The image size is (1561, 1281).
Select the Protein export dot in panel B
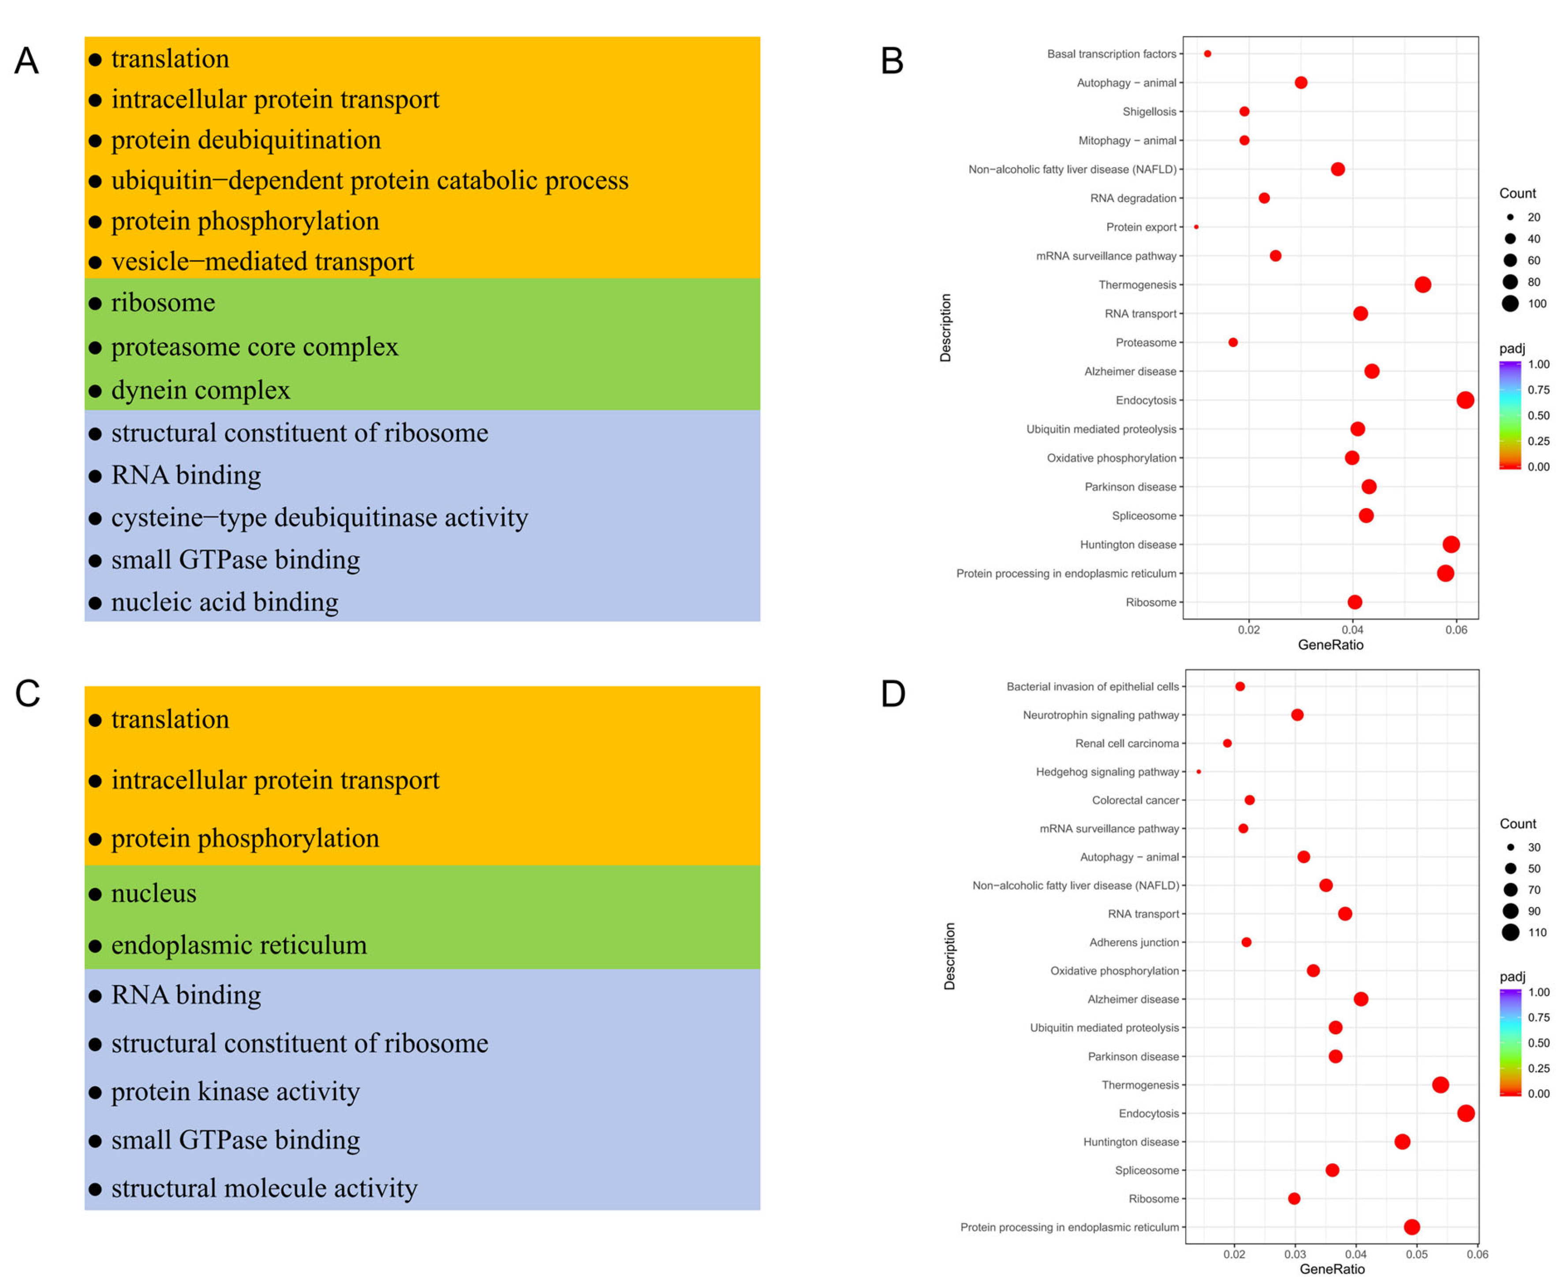coord(1196,227)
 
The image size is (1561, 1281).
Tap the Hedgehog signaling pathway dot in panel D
coord(1198,771)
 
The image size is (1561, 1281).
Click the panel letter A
coord(26,60)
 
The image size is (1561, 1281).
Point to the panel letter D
coord(893,694)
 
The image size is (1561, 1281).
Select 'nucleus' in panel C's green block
coord(153,893)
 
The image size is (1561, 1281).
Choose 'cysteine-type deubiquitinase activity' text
coord(319,517)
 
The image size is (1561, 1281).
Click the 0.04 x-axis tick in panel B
coord(1352,629)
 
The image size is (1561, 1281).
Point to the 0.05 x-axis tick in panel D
coord(1416,1254)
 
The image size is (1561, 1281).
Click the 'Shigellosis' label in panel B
coord(1149,112)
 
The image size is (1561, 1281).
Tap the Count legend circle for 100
coord(1510,303)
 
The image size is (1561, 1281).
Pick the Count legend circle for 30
coord(1510,847)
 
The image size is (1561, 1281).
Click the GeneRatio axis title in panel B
coord(1330,645)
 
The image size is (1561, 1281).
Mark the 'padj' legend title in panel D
coord(1512,976)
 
